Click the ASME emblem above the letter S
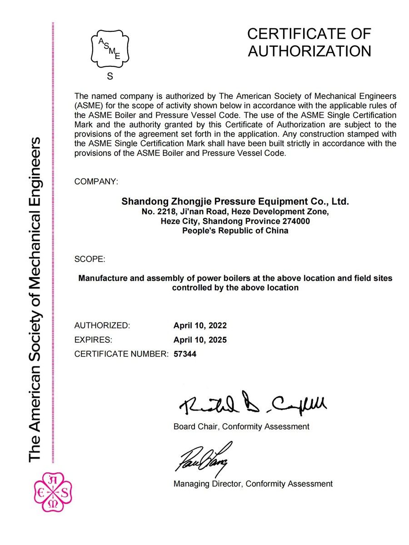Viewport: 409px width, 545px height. (x=110, y=49)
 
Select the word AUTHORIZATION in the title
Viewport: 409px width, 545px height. (x=309, y=51)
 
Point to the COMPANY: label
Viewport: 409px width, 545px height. (x=96, y=182)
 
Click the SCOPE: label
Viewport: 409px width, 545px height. (x=90, y=260)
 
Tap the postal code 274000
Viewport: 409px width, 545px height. (x=294, y=221)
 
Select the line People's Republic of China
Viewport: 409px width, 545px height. (x=235, y=231)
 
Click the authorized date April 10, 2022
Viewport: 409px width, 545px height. (x=200, y=326)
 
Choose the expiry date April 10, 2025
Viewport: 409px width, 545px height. (x=200, y=340)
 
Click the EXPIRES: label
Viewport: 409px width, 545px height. (x=93, y=340)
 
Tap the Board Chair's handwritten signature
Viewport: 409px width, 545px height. (x=253, y=404)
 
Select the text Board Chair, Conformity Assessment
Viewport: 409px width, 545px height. (x=241, y=426)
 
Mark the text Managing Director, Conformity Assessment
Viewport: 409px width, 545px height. (x=253, y=484)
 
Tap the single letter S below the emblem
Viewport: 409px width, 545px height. (x=110, y=77)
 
